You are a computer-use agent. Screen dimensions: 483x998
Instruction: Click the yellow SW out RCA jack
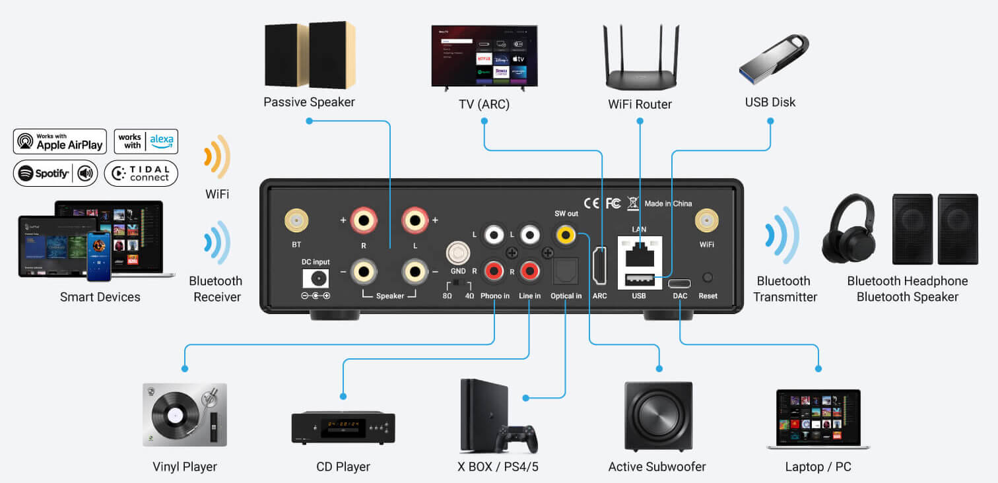[566, 234]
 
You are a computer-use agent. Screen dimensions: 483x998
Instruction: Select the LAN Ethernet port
[639, 251]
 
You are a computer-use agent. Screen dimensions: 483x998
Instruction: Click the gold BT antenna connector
[295, 221]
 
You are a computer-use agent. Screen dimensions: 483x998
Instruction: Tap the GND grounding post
[457, 253]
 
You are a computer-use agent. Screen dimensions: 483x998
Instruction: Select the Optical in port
[565, 269]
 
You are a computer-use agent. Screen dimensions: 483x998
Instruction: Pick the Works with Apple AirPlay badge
[60, 141]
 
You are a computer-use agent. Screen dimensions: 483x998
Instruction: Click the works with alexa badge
[146, 141]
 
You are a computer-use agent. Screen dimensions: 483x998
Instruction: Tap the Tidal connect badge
[141, 173]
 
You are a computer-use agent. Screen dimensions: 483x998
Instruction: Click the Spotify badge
[55, 174]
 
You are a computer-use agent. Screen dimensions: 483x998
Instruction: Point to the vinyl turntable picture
[184, 414]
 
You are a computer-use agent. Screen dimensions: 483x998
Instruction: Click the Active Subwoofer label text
[657, 467]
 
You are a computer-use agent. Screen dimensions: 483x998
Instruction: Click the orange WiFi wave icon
[216, 157]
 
